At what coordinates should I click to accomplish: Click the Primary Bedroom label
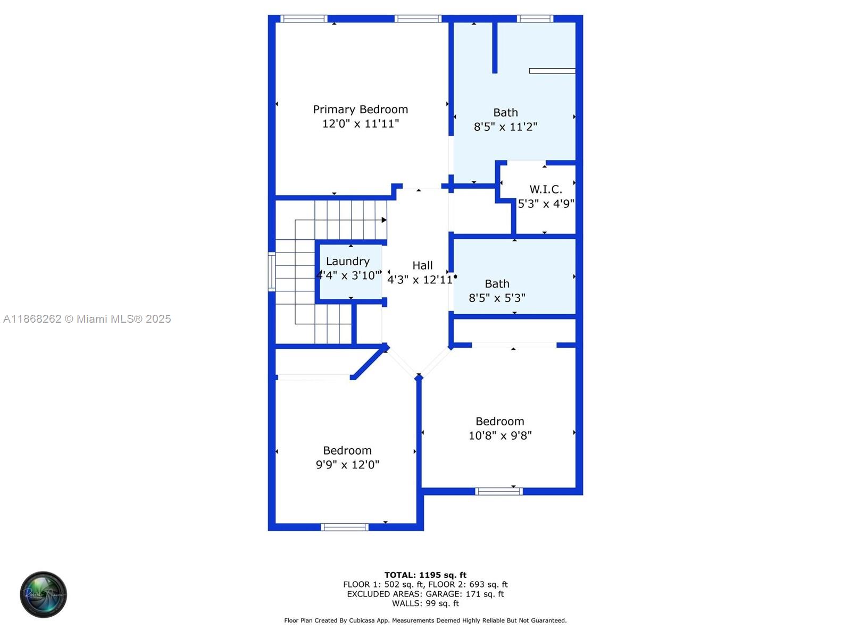click(360, 110)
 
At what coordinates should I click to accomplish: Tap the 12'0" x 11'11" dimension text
click(360, 124)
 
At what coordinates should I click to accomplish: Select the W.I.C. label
click(545, 189)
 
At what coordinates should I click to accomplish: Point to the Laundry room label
click(347, 262)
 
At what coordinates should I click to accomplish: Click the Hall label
click(422, 265)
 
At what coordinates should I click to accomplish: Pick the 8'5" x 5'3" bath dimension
click(497, 298)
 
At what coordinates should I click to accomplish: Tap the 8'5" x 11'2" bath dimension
click(505, 127)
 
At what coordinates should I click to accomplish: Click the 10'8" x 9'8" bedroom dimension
click(500, 436)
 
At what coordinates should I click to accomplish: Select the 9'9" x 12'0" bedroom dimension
click(347, 465)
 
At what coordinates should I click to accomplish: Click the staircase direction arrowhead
click(384, 220)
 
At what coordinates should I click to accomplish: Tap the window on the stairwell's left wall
click(271, 272)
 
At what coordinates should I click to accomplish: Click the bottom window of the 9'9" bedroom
click(344, 527)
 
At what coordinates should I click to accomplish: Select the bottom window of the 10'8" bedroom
click(498, 491)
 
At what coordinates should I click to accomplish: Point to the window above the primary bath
click(535, 19)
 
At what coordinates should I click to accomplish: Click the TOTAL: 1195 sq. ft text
click(425, 575)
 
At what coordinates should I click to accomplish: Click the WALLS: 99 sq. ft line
click(425, 603)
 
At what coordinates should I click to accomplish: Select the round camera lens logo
click(43, 594)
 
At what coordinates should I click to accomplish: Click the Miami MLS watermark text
click(87, 319)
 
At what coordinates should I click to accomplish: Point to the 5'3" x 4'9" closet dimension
click(546, 204)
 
